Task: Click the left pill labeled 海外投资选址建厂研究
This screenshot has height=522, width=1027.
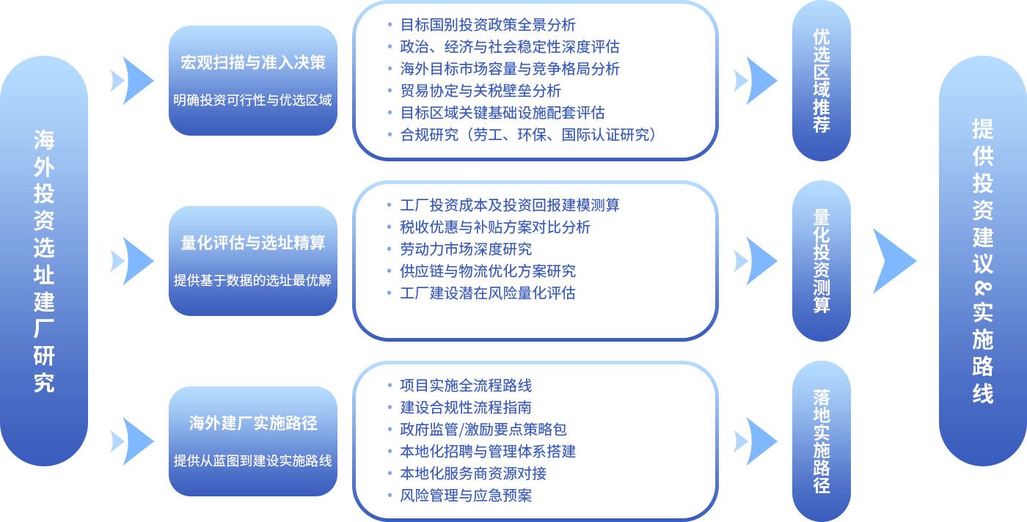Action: tap(44, 261)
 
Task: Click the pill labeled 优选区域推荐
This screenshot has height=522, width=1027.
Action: tap(821, 81)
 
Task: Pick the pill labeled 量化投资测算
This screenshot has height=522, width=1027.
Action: tap(821, 261)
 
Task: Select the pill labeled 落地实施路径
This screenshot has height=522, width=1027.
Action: tap(821, 441)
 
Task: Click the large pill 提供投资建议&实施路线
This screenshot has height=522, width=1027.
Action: tap(982, 261)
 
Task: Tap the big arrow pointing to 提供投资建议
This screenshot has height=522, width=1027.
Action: tap(893, 261)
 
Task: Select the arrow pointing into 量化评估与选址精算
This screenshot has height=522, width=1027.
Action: tap(132, 261)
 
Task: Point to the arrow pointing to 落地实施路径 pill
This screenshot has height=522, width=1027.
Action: tap(756, 441)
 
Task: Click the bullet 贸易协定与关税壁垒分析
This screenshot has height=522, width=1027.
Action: tap(480, 91)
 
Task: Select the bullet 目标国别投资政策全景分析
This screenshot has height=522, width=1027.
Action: tap(487, 25)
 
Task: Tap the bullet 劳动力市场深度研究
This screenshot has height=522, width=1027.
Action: tap(465, 249)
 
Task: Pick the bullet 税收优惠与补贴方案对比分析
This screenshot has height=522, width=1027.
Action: tap(494, 227)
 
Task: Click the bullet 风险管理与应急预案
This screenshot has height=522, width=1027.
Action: tap(465, 496)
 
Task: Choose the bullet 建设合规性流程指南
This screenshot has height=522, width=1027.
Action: tap(465, 408)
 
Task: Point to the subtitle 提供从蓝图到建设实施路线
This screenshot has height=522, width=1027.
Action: tap(252, 461)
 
